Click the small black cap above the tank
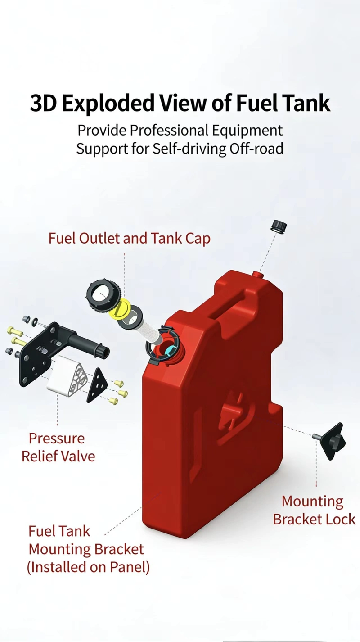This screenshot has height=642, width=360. click(279, 227)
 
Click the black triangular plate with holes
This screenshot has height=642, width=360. click(96, 385)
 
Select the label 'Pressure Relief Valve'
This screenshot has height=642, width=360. click(58, 447)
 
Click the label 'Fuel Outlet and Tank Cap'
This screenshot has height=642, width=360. click(130, 239)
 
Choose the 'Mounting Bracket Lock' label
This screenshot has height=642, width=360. click(314, 510)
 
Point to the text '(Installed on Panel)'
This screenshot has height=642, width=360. click(88, 567)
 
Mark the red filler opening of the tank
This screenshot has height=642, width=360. click(166, 346)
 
